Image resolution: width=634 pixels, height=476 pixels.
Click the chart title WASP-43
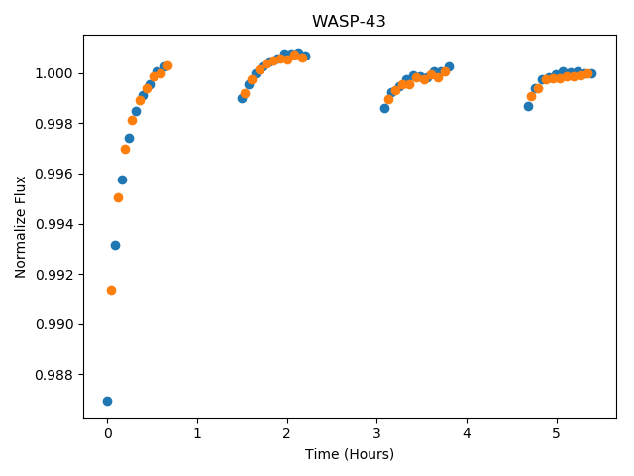349,21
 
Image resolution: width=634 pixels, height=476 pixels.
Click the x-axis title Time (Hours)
350,454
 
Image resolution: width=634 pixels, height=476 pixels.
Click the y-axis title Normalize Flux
20,227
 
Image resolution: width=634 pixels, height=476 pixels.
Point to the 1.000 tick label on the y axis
53,73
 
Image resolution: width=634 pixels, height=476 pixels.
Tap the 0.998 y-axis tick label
53,124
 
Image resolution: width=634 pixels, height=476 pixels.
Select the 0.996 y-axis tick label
53,175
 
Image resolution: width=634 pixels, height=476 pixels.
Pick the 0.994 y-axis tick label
53,224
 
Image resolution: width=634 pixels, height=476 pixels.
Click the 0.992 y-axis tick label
53,275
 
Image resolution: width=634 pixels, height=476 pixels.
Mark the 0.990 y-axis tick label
53,324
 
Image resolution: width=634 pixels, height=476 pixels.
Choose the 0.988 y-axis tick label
53,375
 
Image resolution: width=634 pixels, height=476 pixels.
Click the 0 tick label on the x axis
108,433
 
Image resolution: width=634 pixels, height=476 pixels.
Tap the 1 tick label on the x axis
197,433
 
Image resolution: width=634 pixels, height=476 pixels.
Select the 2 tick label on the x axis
287,433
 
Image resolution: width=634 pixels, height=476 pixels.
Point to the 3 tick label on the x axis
376,433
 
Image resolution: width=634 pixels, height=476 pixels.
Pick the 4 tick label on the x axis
467,433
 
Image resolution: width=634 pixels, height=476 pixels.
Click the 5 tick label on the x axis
557,433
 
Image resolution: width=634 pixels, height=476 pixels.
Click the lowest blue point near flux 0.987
107,401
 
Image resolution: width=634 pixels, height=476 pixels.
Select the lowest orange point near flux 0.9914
111,290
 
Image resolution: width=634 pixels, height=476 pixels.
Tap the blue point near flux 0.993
115,245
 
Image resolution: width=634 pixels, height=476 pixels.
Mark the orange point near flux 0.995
118,198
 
